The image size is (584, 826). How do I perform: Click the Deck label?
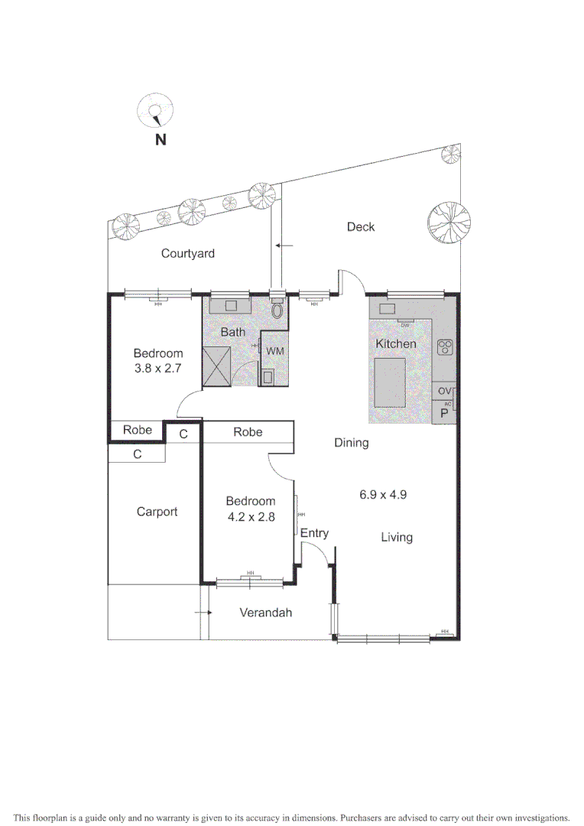click(361, 227)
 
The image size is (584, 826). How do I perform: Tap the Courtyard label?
click(187, 253)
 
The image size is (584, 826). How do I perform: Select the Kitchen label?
click(395, 344)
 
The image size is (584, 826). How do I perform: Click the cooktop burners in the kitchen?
click(444, 346)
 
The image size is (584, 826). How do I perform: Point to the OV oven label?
click(444, 392)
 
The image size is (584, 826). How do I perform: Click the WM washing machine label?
click(274, 350)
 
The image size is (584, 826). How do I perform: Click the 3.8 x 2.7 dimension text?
click(158, 368)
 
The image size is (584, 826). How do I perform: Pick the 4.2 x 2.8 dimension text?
click(250, 516)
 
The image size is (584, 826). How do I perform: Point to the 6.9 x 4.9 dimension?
click(383, 494)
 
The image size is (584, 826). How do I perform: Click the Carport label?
click(157, 512)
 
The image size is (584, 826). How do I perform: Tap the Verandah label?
click(266, 613)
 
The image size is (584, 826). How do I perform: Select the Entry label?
click(314, 533)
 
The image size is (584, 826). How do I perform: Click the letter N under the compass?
click(161, 139)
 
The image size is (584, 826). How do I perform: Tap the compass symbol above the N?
click(156, 112)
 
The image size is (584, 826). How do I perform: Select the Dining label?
click(351, 442)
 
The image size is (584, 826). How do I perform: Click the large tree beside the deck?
click(448, 222)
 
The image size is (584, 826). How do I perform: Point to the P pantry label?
click(443, 413)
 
